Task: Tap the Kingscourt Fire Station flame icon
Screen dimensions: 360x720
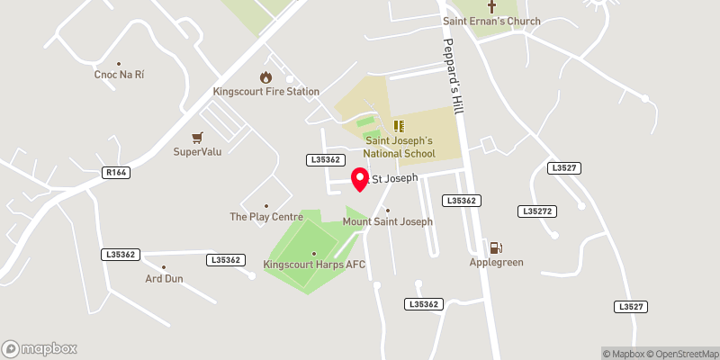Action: pyautogui.click(x=265, y=77)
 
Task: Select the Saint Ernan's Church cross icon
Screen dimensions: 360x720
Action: pyautogui.click(x=491, y=5)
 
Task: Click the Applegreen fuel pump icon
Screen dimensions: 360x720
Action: pyautogui.click(x=494, y=247)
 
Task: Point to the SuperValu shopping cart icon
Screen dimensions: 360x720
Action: pyautogui.click(x=197, y=137)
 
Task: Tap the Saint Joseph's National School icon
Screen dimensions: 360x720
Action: pyautogui.click(x=399, y=127)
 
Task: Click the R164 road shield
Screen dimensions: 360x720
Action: pyautogui.click(x=115, y=172)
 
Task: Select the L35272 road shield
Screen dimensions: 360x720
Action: pyautogui.click(x=535, y=211)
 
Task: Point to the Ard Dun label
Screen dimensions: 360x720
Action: pyautogui.click(x=164, y=279)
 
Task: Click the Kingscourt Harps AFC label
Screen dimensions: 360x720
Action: pyautogui.click(x=313, y=265)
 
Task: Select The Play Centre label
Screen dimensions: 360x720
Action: pyautogui.click(x=265, y=217)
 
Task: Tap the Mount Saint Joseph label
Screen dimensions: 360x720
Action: pyautogui.click(x=388, y=221)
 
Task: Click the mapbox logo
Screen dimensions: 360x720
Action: pyautogui.click(x=40, y=348)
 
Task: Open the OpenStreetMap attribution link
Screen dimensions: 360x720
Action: pyautogui.click(x=684, y=353)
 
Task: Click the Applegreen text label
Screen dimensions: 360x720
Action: pyautogui.click(x=496, y=263)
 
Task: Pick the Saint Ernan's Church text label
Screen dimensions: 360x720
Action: pyautogui.click(x=491, y=21)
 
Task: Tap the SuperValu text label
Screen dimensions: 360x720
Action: pyautogui.click(x=197, y=151)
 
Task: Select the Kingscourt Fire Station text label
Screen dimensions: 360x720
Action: pyautogui.click(x=265, y=92)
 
